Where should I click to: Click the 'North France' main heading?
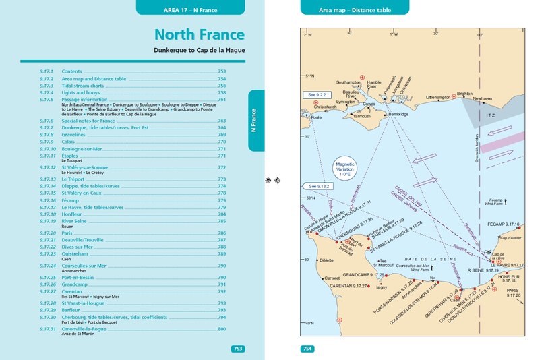click(x=199, y=35)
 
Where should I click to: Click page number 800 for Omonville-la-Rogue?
click(x=222, y=329)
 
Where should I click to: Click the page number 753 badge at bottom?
click(x=237, y=349)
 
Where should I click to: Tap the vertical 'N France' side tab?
click(x=255, y=119)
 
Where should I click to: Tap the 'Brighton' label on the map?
click(x=464, y=94)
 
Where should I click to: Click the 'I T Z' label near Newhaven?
click(x=490, y=115)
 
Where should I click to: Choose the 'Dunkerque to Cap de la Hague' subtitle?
click(x=199, y=50)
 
